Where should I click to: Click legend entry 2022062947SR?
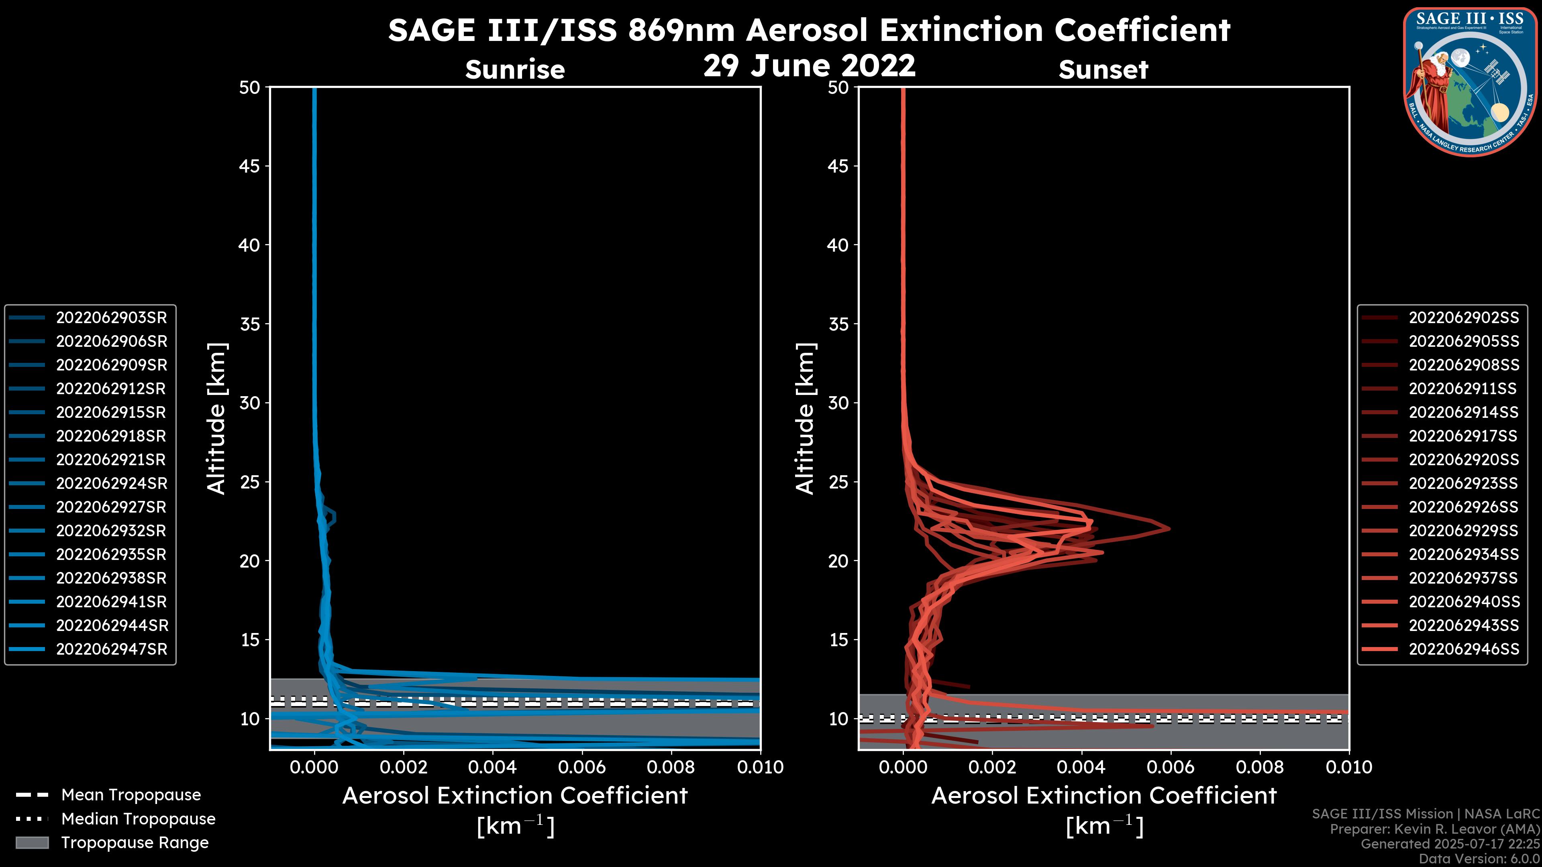click(x=111, y=649)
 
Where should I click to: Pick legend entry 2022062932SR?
click(x=111, y=531)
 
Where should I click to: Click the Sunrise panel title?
click(x=515, y=69)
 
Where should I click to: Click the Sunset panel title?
click(x=1103, y=69)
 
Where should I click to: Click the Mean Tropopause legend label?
click(x=131, y=795)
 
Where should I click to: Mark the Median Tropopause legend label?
click(x=138, y=818)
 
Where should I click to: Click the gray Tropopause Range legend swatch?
click(x=32, y=843)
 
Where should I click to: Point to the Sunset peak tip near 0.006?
click(x=1169, y=528)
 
